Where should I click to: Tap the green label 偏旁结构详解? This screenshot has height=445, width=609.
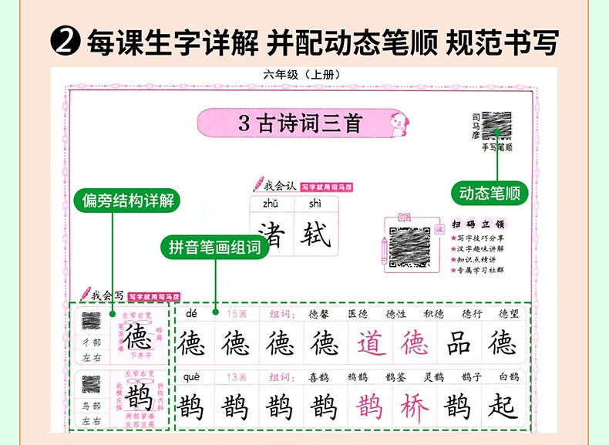129,202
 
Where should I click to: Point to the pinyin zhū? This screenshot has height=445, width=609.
271,204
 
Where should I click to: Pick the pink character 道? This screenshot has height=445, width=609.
372,343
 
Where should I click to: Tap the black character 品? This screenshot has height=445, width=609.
459,343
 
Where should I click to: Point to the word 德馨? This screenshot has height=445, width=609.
318,314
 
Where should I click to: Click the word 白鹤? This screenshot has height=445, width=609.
509,376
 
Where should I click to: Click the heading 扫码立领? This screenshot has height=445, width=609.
478,224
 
